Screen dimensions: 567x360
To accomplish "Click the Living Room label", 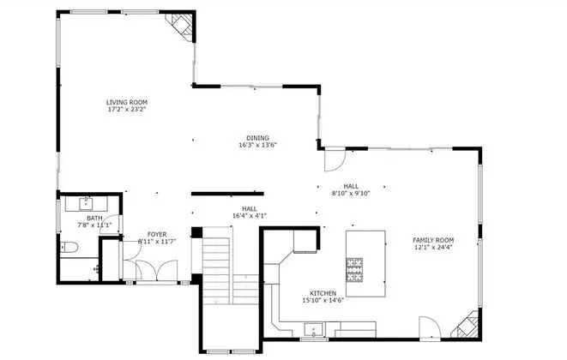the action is click(127, 102).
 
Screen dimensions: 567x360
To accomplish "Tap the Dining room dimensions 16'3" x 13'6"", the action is click(258, 146).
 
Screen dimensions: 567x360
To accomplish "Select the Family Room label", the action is click(433, 240).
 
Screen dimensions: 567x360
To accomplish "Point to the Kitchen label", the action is click(323, 293).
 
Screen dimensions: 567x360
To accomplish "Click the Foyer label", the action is click(157, 235).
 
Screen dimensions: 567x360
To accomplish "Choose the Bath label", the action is click(94, 219).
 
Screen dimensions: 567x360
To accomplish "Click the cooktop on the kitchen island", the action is click(354, 270).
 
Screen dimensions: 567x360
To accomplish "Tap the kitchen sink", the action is click(313, 330).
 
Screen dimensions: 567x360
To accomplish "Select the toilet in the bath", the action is click(69, 247).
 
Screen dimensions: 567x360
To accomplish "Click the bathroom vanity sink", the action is click(86, 203).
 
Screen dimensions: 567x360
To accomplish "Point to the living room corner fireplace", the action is click(182, 24).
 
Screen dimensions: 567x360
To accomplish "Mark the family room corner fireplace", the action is click(467, 326).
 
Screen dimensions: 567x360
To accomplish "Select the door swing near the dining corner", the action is click(335, 159).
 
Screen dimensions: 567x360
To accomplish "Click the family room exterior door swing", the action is click(431, 327).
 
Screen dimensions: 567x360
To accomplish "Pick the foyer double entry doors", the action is click(157, 270).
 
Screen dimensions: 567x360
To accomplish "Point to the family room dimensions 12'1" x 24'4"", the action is click(433, 247).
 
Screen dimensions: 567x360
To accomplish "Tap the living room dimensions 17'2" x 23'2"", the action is click(127, 109).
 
